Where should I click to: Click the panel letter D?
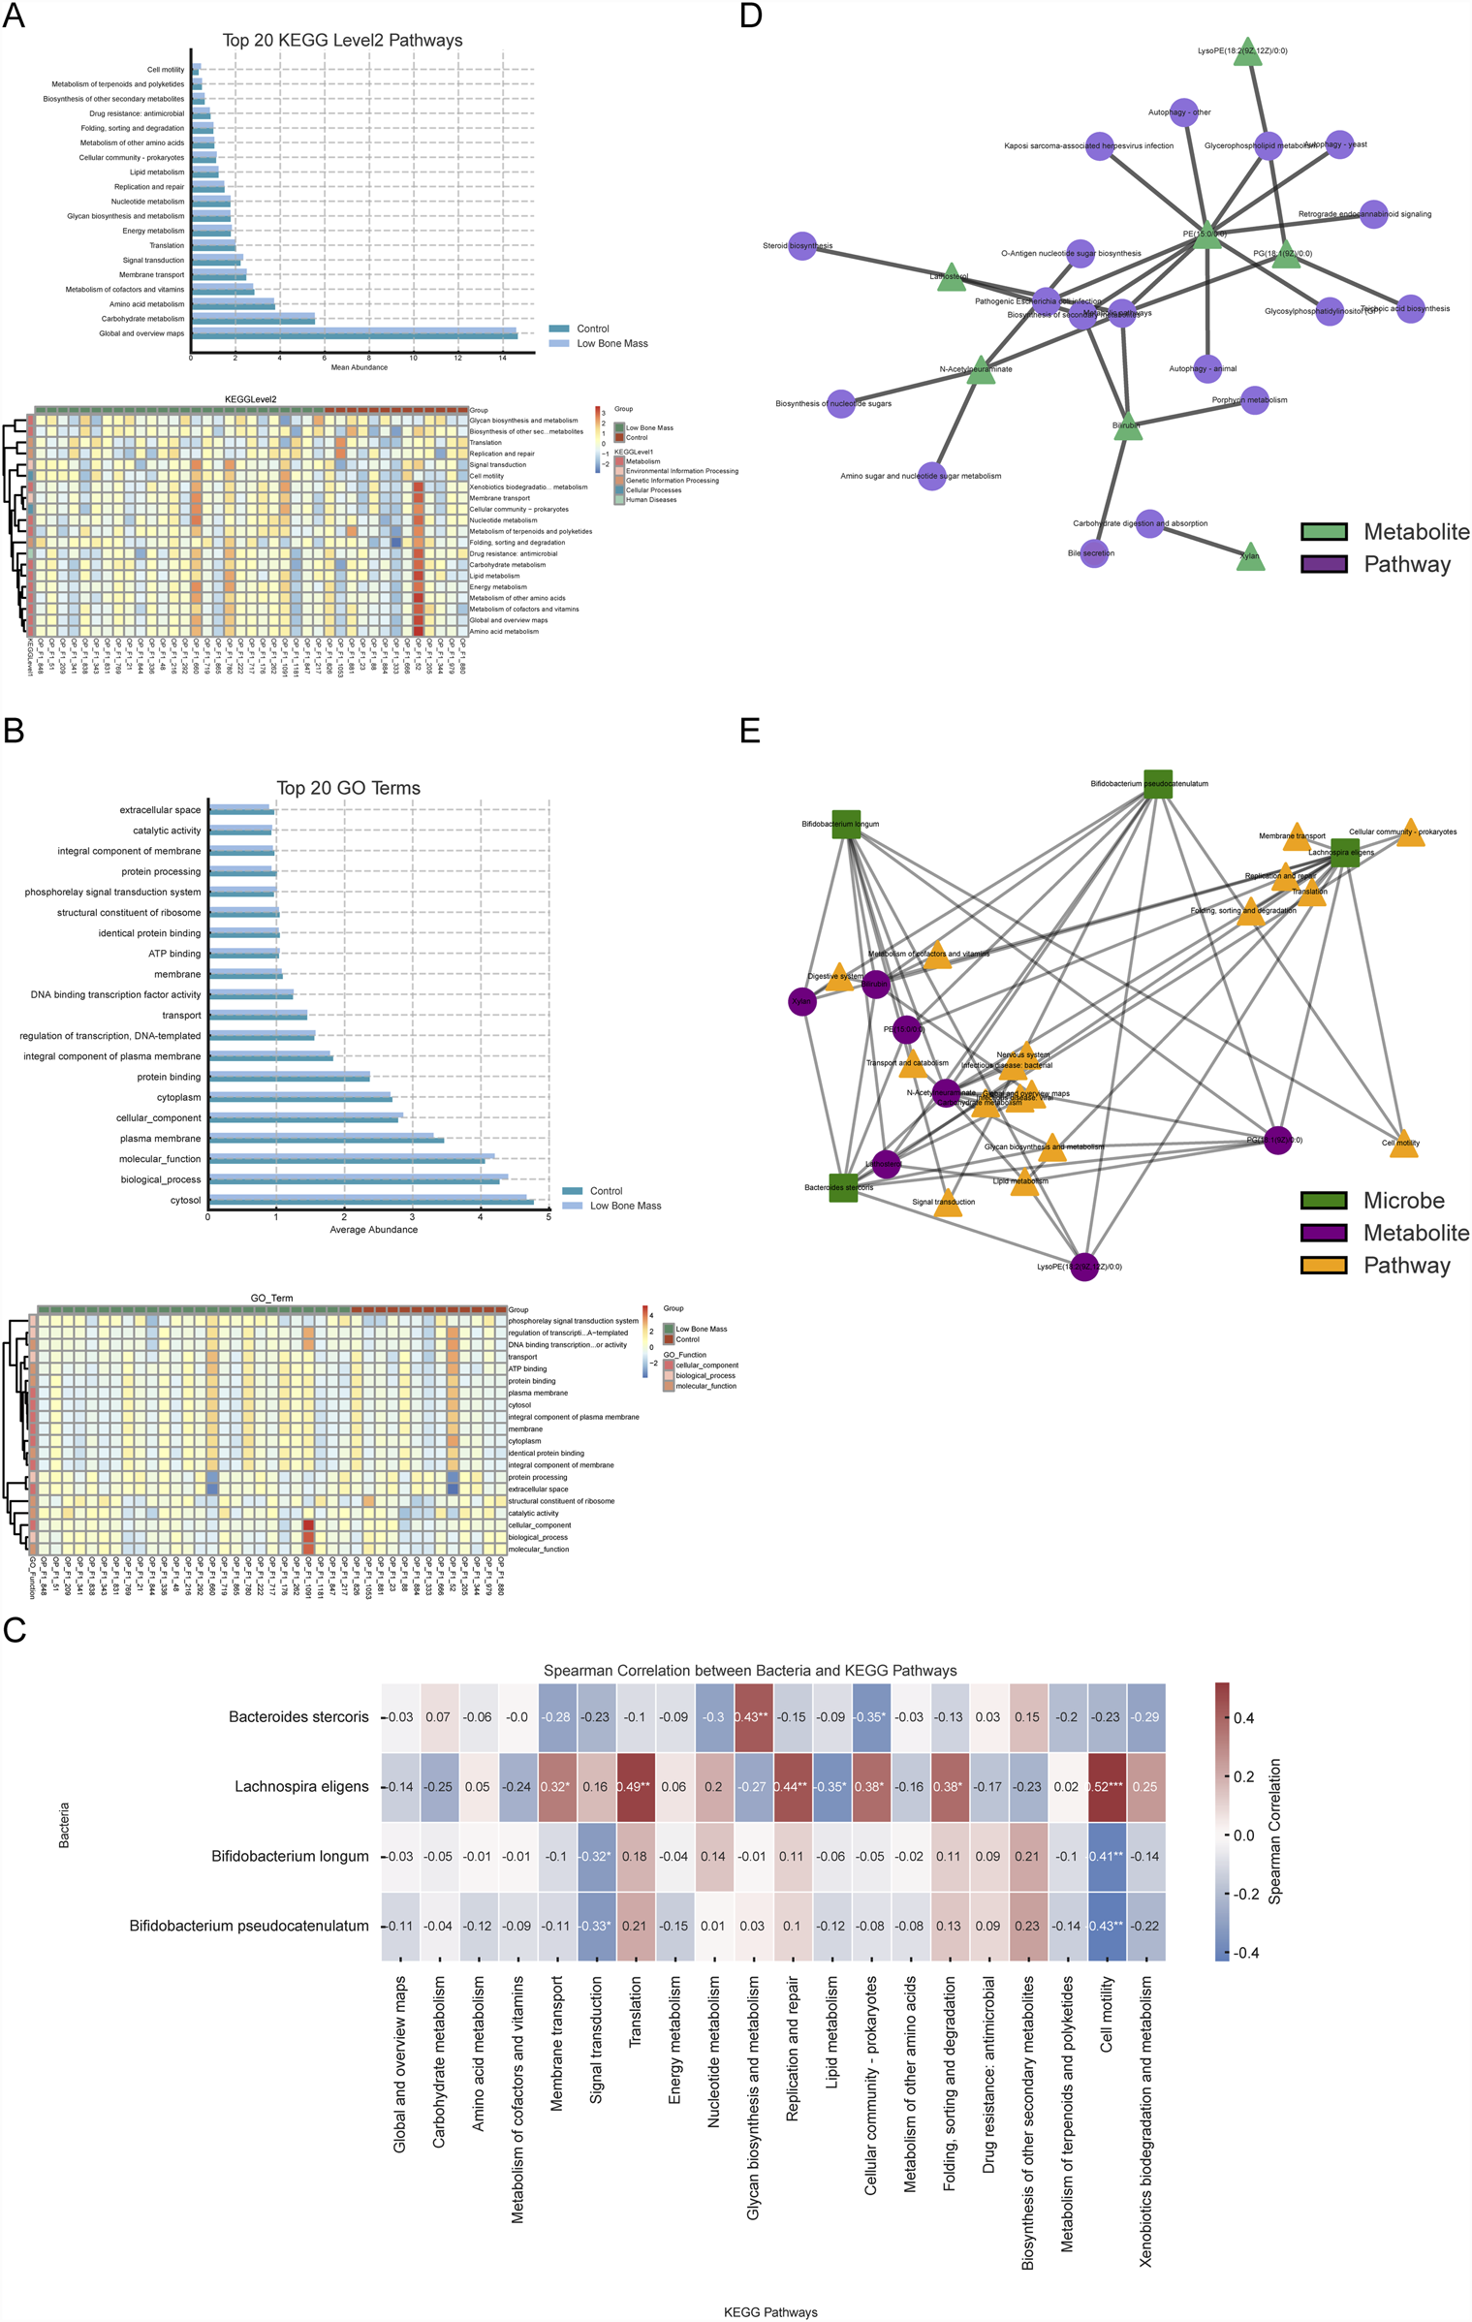pos(750,16)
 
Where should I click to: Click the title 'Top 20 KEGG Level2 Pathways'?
pos(342,41)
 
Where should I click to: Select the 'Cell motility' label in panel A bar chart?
pos(165,70)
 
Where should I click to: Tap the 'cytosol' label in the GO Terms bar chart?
pos(185,1200)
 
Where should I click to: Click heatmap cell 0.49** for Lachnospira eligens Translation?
pos(635,1786)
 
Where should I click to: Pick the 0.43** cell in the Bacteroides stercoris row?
pos(752,1716)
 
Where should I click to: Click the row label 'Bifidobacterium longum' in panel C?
pos(290,1856)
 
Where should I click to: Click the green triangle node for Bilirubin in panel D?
pos(1127,427)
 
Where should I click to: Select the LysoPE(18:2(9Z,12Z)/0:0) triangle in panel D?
pos(1248,54)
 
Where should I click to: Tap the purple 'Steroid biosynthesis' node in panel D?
pos(802,246)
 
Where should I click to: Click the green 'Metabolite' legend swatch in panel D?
pos(1324,532)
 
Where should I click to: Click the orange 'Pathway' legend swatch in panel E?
pos(1324,1265)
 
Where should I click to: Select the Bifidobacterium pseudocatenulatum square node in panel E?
pos(1157,784)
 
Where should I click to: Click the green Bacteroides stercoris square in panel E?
pos(843,1187)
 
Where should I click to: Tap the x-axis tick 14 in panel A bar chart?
pos(502,358)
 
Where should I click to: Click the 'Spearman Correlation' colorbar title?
pos(1274,1832)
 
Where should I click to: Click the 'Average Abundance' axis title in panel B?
pos(373,1230)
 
